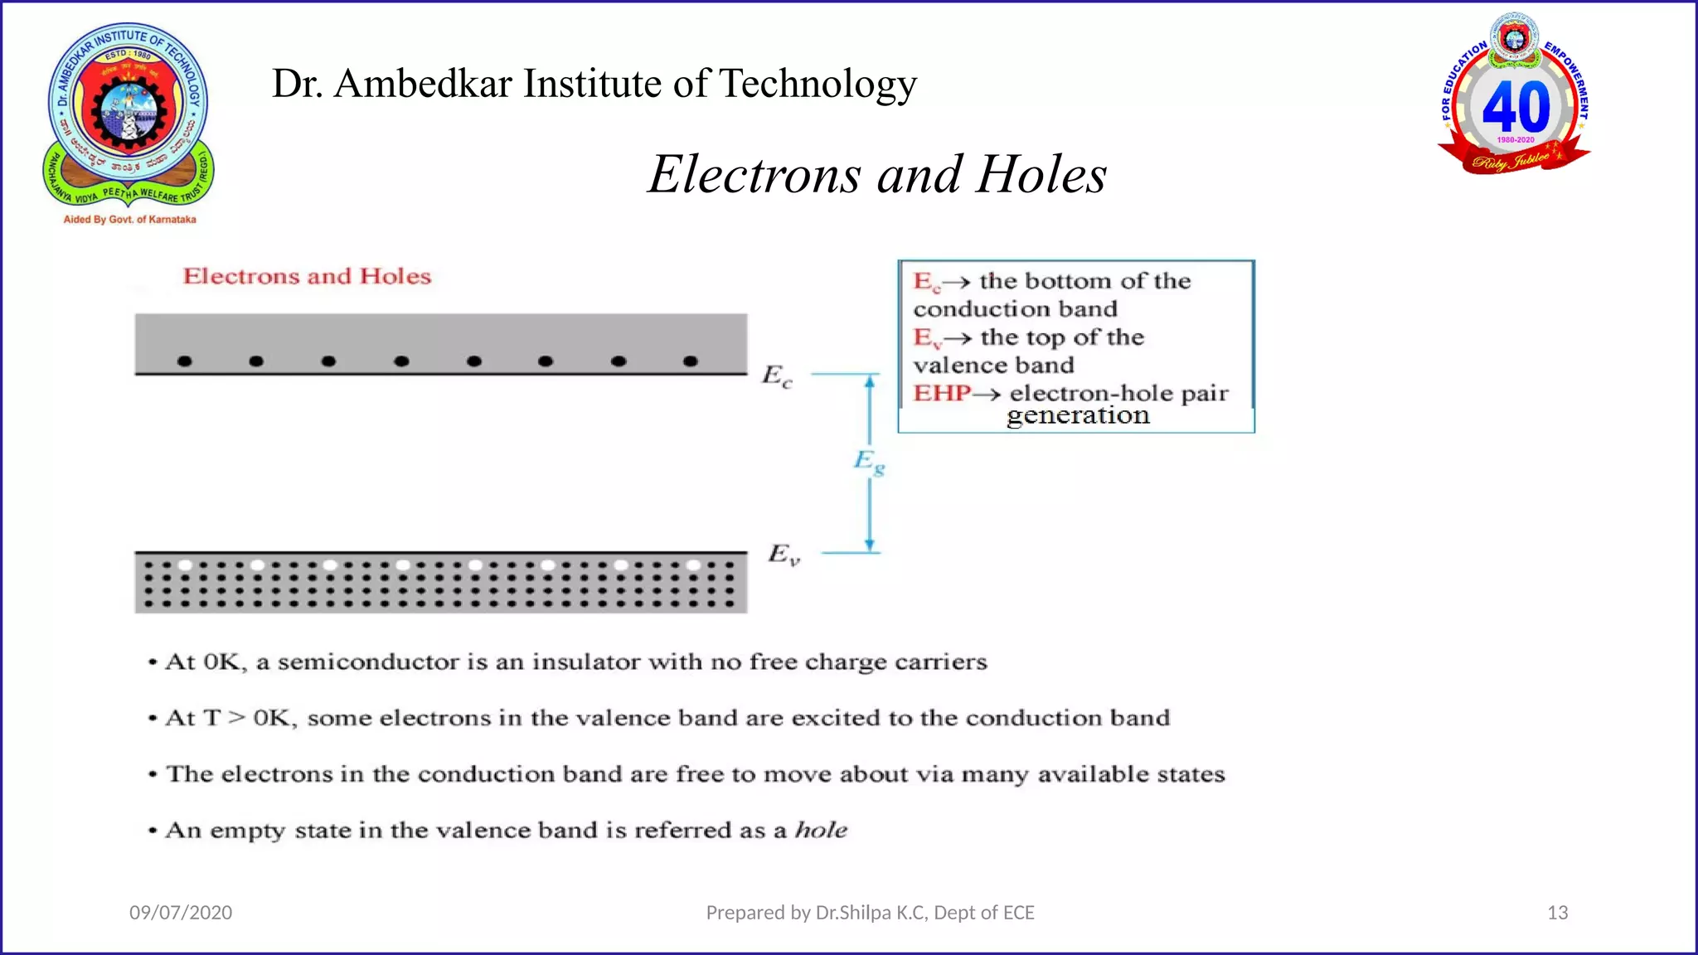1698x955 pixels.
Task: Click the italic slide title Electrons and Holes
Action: click(x=877, y=175)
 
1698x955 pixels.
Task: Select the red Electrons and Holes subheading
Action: click(x=307, y=276)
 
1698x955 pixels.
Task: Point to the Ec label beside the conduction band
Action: click(x=777, y=376)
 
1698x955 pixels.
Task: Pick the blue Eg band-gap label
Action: click(x=869, y=461)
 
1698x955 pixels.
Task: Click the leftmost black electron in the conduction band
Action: click(x=185, y=361)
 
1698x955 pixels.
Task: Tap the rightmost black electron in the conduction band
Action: click(x=691, y=361)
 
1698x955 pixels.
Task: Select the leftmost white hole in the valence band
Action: click(x=185, y=565)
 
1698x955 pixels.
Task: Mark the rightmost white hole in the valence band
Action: click(x=693, y=565)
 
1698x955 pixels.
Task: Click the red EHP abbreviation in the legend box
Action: click(x=941, y=393)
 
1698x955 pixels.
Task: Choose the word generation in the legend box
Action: click(x=1078, y=415)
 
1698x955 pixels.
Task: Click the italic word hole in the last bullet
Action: click(x=821, y=830)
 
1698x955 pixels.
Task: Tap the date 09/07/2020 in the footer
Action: click(x=181, y=913)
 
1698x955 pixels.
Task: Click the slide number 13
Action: click(x=1557, y=913)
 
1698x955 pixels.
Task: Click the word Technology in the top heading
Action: click(x=817, y=84)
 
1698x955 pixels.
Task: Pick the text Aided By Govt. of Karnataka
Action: click(x=130, y=220)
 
